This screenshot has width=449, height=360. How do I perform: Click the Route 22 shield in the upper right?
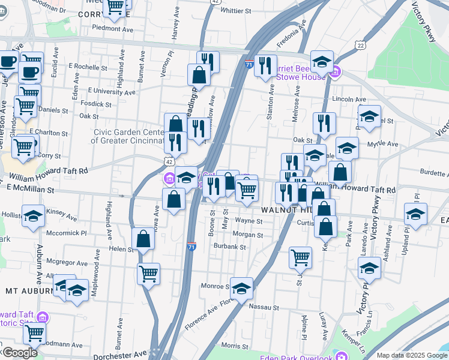pyautogui.click(x=360, y=46)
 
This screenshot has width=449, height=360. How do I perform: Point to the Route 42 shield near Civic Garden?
pyautogui.click(x=170, y=162)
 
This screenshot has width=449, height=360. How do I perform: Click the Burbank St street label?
pyautogui.click(x=231, y=247)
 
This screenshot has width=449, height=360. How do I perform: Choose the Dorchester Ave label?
pyautogui.click(x=121, y=355)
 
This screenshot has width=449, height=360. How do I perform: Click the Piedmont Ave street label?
pyautogui.click(x=112, y=28)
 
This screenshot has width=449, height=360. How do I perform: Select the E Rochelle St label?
pyautogui.click(x=88, y=67)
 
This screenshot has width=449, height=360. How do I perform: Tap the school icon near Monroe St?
pyautogui.click(x=241, y=289)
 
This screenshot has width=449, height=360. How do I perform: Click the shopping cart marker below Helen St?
pyautogui.click(x=148, y=274)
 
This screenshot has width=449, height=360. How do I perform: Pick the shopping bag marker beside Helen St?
pyautogui.click(x=143, y=239)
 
